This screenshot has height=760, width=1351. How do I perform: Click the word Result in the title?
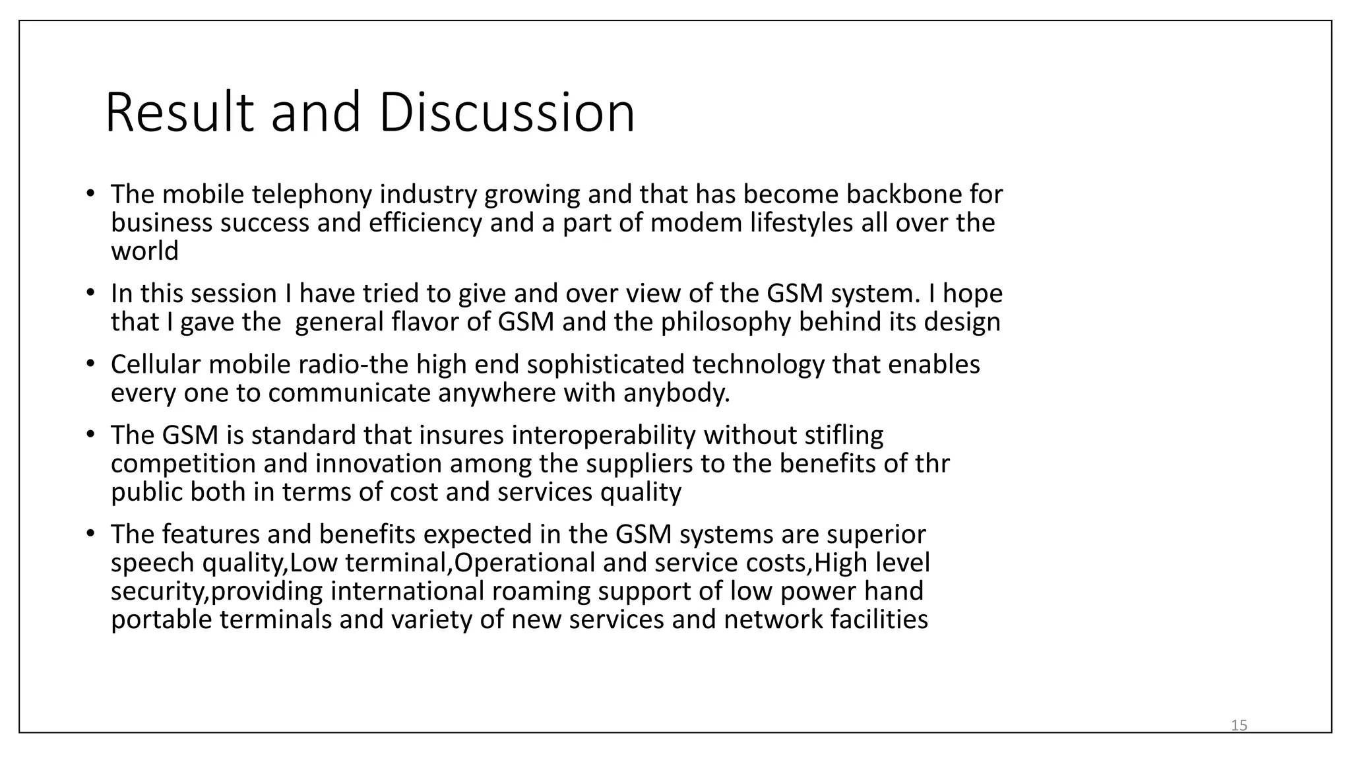coord(179,113)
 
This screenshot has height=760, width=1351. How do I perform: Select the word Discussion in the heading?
coord(507,113)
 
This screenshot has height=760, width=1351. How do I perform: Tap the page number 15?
coord(1239,726)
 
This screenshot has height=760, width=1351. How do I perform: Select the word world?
coord(144,251)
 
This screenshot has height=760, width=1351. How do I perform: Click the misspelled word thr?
coord(932,464)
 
